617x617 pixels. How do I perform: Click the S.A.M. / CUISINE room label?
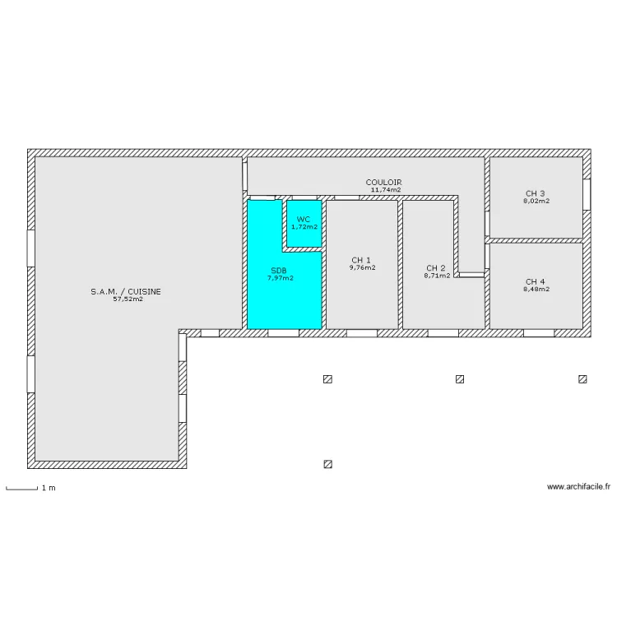126,291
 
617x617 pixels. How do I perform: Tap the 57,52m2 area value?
128,299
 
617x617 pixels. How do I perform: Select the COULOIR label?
383,182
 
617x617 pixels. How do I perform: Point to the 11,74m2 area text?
386,190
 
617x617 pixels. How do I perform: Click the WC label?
304,219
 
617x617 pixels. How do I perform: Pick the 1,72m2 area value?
304,227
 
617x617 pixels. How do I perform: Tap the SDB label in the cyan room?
279,270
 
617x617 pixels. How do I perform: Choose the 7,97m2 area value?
280,278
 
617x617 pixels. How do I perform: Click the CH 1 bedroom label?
361,259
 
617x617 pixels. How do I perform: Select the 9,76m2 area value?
362,267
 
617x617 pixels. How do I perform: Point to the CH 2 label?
436,267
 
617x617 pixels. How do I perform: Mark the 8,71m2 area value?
437,276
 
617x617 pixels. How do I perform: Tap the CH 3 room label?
536,193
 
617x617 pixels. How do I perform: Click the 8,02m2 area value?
536,201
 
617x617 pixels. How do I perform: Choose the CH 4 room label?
536,281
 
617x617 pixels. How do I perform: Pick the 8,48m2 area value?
536,289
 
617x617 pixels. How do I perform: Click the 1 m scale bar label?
49,488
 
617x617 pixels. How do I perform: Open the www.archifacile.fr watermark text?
578,487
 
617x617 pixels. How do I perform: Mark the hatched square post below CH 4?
582,379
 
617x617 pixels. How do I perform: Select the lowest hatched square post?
328,464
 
